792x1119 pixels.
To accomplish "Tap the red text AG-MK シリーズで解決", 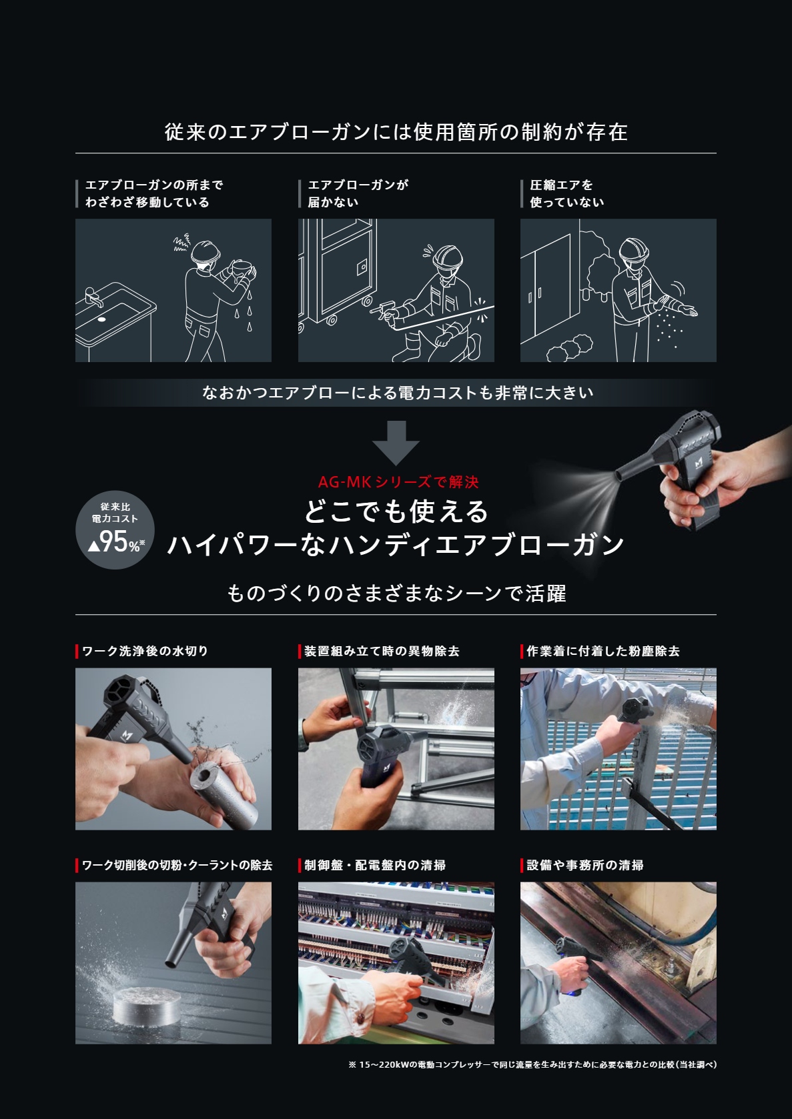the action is [398, 482].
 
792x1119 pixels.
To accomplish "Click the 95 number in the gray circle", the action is [113, 541].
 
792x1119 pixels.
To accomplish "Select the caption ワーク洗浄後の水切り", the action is [145, 651].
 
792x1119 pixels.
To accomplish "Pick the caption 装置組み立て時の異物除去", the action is [382, 651].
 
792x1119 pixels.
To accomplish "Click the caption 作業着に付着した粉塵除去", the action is [603, 651].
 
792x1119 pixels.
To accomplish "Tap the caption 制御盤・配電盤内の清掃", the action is [375, 865].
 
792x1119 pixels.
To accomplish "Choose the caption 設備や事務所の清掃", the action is [585, 865].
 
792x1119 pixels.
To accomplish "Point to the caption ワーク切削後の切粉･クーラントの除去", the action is [177, 865].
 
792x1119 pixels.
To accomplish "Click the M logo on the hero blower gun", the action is [699, 463].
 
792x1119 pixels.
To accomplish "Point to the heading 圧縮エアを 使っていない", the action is [566, 193].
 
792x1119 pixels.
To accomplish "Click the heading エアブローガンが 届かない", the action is [358, 193].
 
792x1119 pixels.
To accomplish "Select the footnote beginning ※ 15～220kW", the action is [532, 1064].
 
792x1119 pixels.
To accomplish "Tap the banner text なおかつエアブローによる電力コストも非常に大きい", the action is [398, 393].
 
